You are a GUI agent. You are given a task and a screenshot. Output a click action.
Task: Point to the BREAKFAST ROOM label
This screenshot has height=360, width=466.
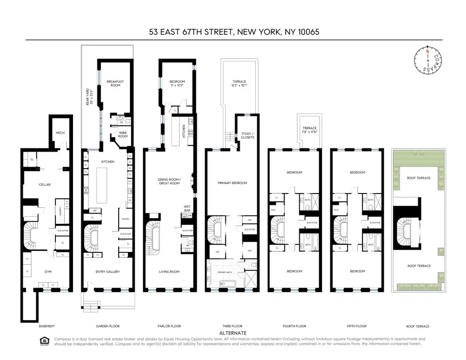click(x=115, y=83)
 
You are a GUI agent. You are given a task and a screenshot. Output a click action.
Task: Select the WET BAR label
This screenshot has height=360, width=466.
click(x=187, y=208)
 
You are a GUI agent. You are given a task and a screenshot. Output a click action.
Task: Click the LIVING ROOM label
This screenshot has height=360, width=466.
click(x=169, y=271)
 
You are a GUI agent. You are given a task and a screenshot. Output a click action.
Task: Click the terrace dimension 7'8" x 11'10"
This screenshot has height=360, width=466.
click(x=310, y=131)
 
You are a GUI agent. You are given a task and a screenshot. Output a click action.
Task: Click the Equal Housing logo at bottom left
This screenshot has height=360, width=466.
click(x=43, y=340)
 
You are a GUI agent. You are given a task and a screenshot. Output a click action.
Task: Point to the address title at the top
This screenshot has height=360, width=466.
click(x=233, y=32)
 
